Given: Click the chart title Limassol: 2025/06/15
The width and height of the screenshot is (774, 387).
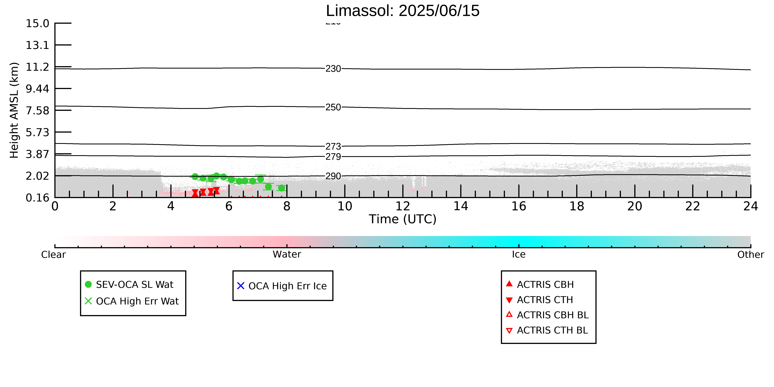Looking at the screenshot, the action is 403,11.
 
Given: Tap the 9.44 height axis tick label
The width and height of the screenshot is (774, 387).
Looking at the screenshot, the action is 37,89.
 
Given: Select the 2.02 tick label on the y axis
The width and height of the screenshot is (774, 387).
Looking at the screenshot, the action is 37,176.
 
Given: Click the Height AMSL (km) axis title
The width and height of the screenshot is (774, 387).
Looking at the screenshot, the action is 14,110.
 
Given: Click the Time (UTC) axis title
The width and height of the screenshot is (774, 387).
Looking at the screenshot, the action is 403,219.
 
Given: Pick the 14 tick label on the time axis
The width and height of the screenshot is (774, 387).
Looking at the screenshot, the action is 461,206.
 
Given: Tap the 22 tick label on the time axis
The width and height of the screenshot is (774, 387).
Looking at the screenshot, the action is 693,206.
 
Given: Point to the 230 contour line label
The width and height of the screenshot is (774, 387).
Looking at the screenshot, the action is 333,69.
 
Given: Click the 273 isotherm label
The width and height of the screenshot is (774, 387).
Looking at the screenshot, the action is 333,146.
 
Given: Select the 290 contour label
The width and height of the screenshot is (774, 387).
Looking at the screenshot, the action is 333,176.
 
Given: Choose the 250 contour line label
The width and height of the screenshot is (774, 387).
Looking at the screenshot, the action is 333,107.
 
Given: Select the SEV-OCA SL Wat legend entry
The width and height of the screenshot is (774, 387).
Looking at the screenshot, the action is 129,285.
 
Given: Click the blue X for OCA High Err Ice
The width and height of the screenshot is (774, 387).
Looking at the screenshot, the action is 241,286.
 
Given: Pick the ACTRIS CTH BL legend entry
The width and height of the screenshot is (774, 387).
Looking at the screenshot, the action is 547,330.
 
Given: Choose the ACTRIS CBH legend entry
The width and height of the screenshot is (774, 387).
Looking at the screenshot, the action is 540,285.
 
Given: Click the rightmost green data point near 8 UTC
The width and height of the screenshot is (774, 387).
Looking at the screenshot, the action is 281,188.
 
